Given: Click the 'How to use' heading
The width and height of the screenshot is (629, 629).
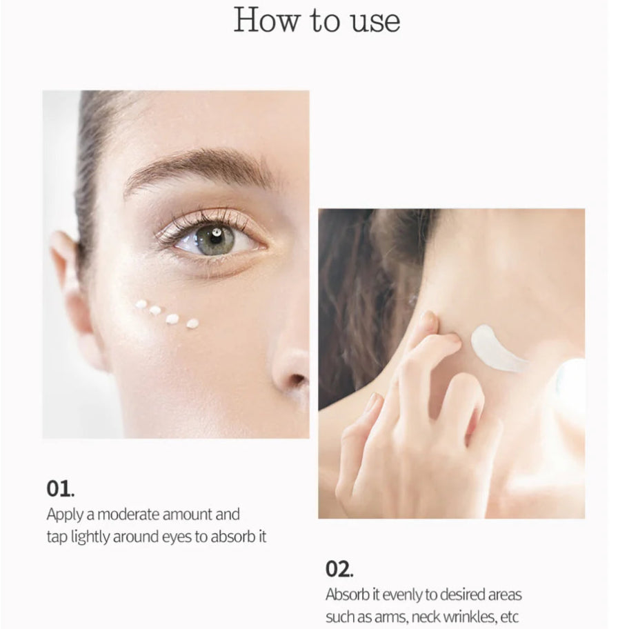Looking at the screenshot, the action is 317,21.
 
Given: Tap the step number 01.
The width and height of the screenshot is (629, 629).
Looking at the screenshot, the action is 60,488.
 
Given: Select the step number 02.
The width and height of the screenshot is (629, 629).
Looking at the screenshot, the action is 339,569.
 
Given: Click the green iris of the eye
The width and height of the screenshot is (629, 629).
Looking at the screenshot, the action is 215,239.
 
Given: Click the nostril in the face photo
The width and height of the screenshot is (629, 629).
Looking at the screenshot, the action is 298,379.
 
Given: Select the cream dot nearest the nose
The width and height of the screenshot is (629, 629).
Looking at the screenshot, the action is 192,323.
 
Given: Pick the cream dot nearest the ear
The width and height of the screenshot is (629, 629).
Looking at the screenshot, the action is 141,304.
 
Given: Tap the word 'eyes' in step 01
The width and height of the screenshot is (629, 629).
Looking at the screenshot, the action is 177,537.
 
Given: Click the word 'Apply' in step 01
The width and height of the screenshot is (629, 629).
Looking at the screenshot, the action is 65,515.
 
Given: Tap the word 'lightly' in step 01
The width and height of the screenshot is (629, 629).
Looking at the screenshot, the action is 90,537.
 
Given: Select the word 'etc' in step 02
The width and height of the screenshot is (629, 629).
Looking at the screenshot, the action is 510,617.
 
